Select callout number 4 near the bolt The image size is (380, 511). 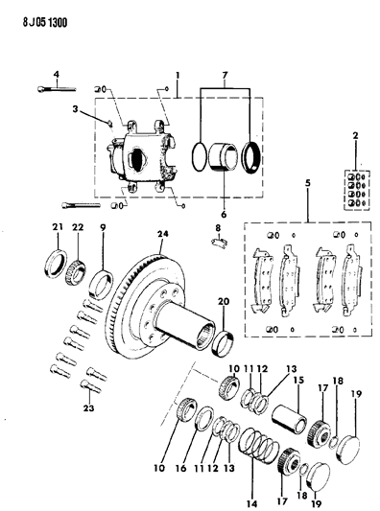pyautogui.click(x=56, y=75)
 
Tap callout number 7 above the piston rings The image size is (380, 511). pyautogui.click(x=226, y=76)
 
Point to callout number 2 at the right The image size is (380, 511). pyautogui.click(x=355, y=138)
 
